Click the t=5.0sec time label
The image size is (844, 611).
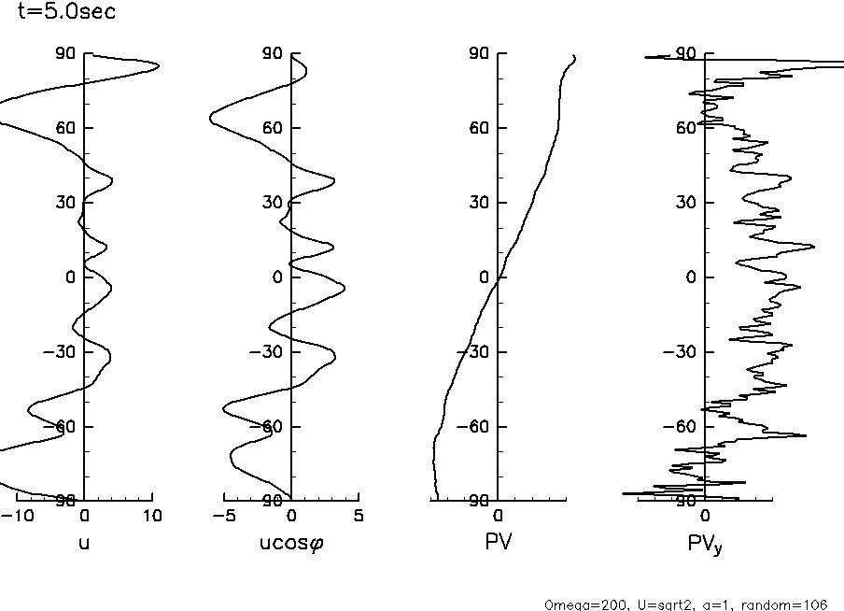[58, 13]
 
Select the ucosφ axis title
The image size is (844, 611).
[291, 541]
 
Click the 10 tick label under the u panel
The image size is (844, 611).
[152, 516]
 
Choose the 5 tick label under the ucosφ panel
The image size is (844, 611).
[359, 516]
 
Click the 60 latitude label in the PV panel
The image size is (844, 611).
[480, 128]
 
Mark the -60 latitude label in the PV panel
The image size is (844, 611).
[476, 427]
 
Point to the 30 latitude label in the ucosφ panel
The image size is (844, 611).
[273, 203]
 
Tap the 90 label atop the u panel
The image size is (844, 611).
[65, 53]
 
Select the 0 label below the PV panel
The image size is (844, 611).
[499, 516]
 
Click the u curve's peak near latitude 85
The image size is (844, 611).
[159, 65]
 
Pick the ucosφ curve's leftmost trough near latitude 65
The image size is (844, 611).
[209, 118]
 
